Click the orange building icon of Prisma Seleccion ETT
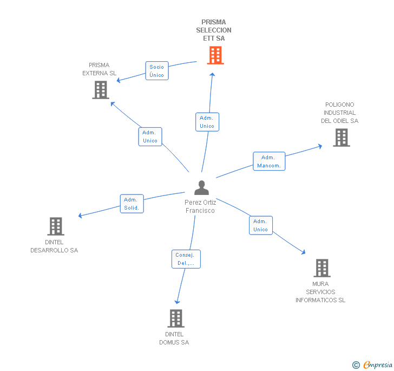[x=215, y=55]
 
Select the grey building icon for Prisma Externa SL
[x=101, y=90]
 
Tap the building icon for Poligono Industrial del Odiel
[x=342, y=138]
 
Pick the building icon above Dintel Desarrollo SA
[x=55, y=226]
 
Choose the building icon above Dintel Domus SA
[x=176, y=318]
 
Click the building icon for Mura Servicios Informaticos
[x=322, y=268]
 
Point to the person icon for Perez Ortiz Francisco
[x=201, y=188]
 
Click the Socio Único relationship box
[x=157, y=71]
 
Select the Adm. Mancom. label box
[x=269, y=161]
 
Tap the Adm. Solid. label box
[x=132, y=204]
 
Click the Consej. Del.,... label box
[x=186, y=259]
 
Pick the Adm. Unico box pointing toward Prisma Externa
[x=150, y=136]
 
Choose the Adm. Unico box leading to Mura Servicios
[x=260, y=225]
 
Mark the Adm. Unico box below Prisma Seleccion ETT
[x=207, y=122]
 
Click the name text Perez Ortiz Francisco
[x=200, y=206]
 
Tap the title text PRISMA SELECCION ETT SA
[x=214, y=30]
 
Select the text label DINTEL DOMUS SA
[x=174, y=338]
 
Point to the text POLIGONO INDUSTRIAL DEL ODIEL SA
[x=339, y=113]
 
